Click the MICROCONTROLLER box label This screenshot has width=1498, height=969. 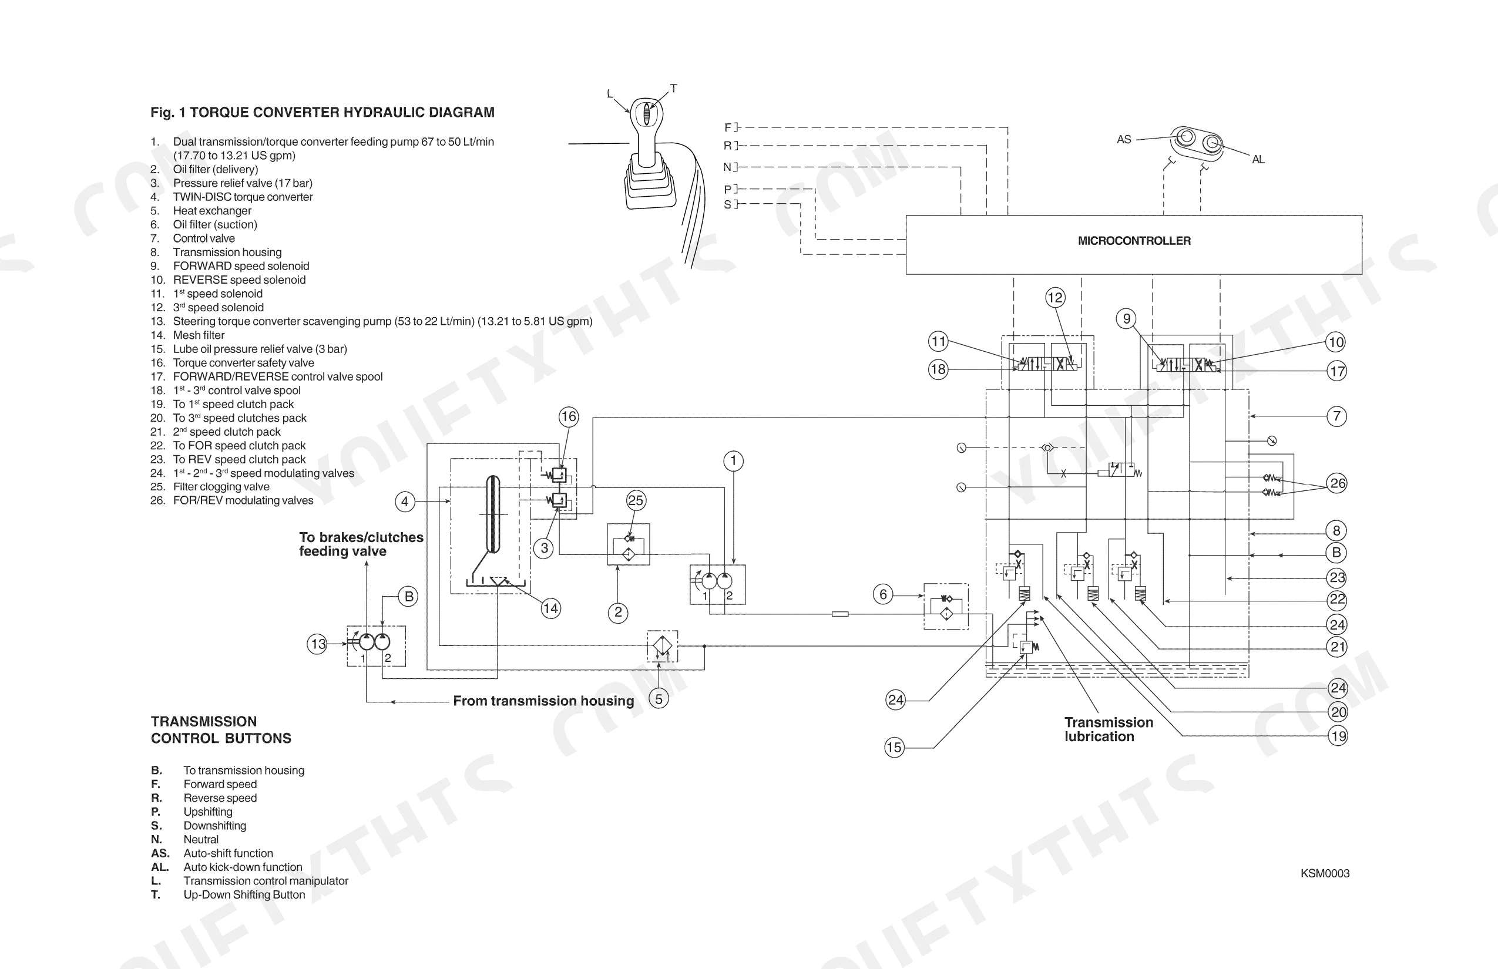[1134, 241]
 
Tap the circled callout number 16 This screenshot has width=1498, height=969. [569, 416]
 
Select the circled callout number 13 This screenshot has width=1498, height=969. [318, 644]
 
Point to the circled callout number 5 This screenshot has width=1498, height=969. [659, 698]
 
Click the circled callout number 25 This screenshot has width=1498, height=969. [636, 500]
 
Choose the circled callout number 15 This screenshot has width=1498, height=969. [894, 748]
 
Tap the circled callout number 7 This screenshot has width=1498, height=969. [1337, 416]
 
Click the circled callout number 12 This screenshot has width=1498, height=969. [1056, 298]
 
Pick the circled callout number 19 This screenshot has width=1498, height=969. [1338, 736]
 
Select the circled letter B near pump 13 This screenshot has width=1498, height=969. [409, 597]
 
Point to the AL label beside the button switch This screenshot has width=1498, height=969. [1258, 160]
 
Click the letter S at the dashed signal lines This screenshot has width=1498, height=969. [728, 204]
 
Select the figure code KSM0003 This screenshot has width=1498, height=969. [1325, 873]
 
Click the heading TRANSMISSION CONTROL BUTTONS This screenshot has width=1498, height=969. [221, 730]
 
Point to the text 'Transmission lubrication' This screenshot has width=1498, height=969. [1109, 729]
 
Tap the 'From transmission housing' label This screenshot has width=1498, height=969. [544, 701]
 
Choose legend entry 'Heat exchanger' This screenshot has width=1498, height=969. [212, 211]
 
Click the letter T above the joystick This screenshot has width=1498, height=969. [673, 89]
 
